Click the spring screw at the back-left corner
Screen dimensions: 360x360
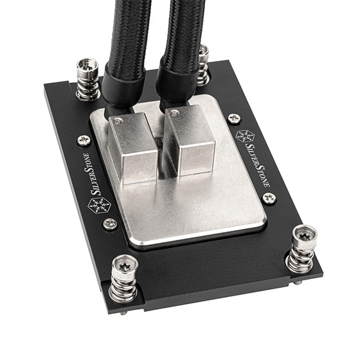87,78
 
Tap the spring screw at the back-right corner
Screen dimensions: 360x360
203,64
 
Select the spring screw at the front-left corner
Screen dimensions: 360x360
123,278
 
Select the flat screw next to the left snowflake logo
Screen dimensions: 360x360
110,223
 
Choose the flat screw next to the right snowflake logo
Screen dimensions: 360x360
234,119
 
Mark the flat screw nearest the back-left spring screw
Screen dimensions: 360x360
84,139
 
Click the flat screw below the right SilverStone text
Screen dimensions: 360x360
269,199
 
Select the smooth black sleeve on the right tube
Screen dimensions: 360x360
174,84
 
